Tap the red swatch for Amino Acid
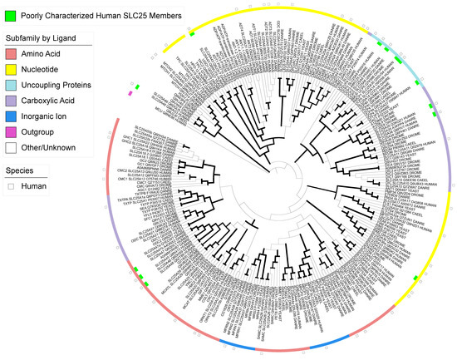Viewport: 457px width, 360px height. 10,54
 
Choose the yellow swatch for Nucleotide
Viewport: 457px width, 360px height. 10,70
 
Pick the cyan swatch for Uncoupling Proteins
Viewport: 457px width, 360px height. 10,86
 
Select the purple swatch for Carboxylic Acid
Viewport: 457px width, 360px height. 10,101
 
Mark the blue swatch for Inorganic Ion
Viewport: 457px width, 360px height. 10,116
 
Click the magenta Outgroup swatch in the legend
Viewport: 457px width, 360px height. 10,132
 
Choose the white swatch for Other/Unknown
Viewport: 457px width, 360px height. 10,148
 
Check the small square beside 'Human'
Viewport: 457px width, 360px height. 10,187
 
